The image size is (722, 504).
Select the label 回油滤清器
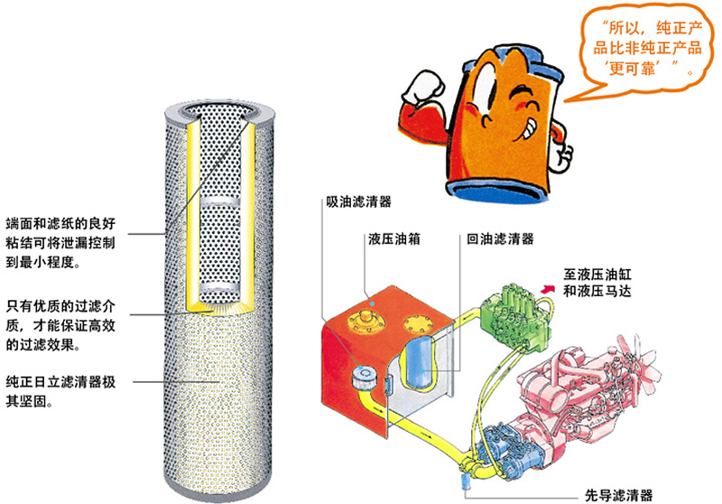(500, 240)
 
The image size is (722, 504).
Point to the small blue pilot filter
(467, 486)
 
